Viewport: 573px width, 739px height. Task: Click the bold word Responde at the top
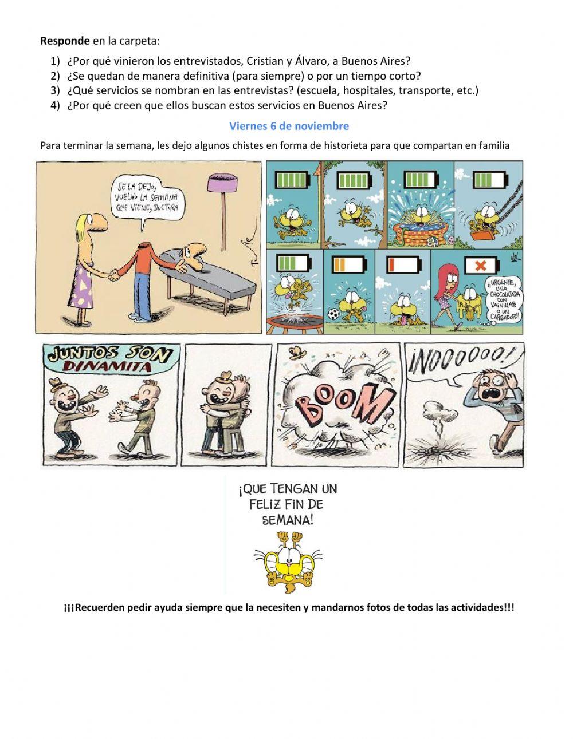[65, 41]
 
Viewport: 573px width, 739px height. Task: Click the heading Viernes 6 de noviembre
[289, 125]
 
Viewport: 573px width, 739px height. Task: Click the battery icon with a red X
[480, 265]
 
